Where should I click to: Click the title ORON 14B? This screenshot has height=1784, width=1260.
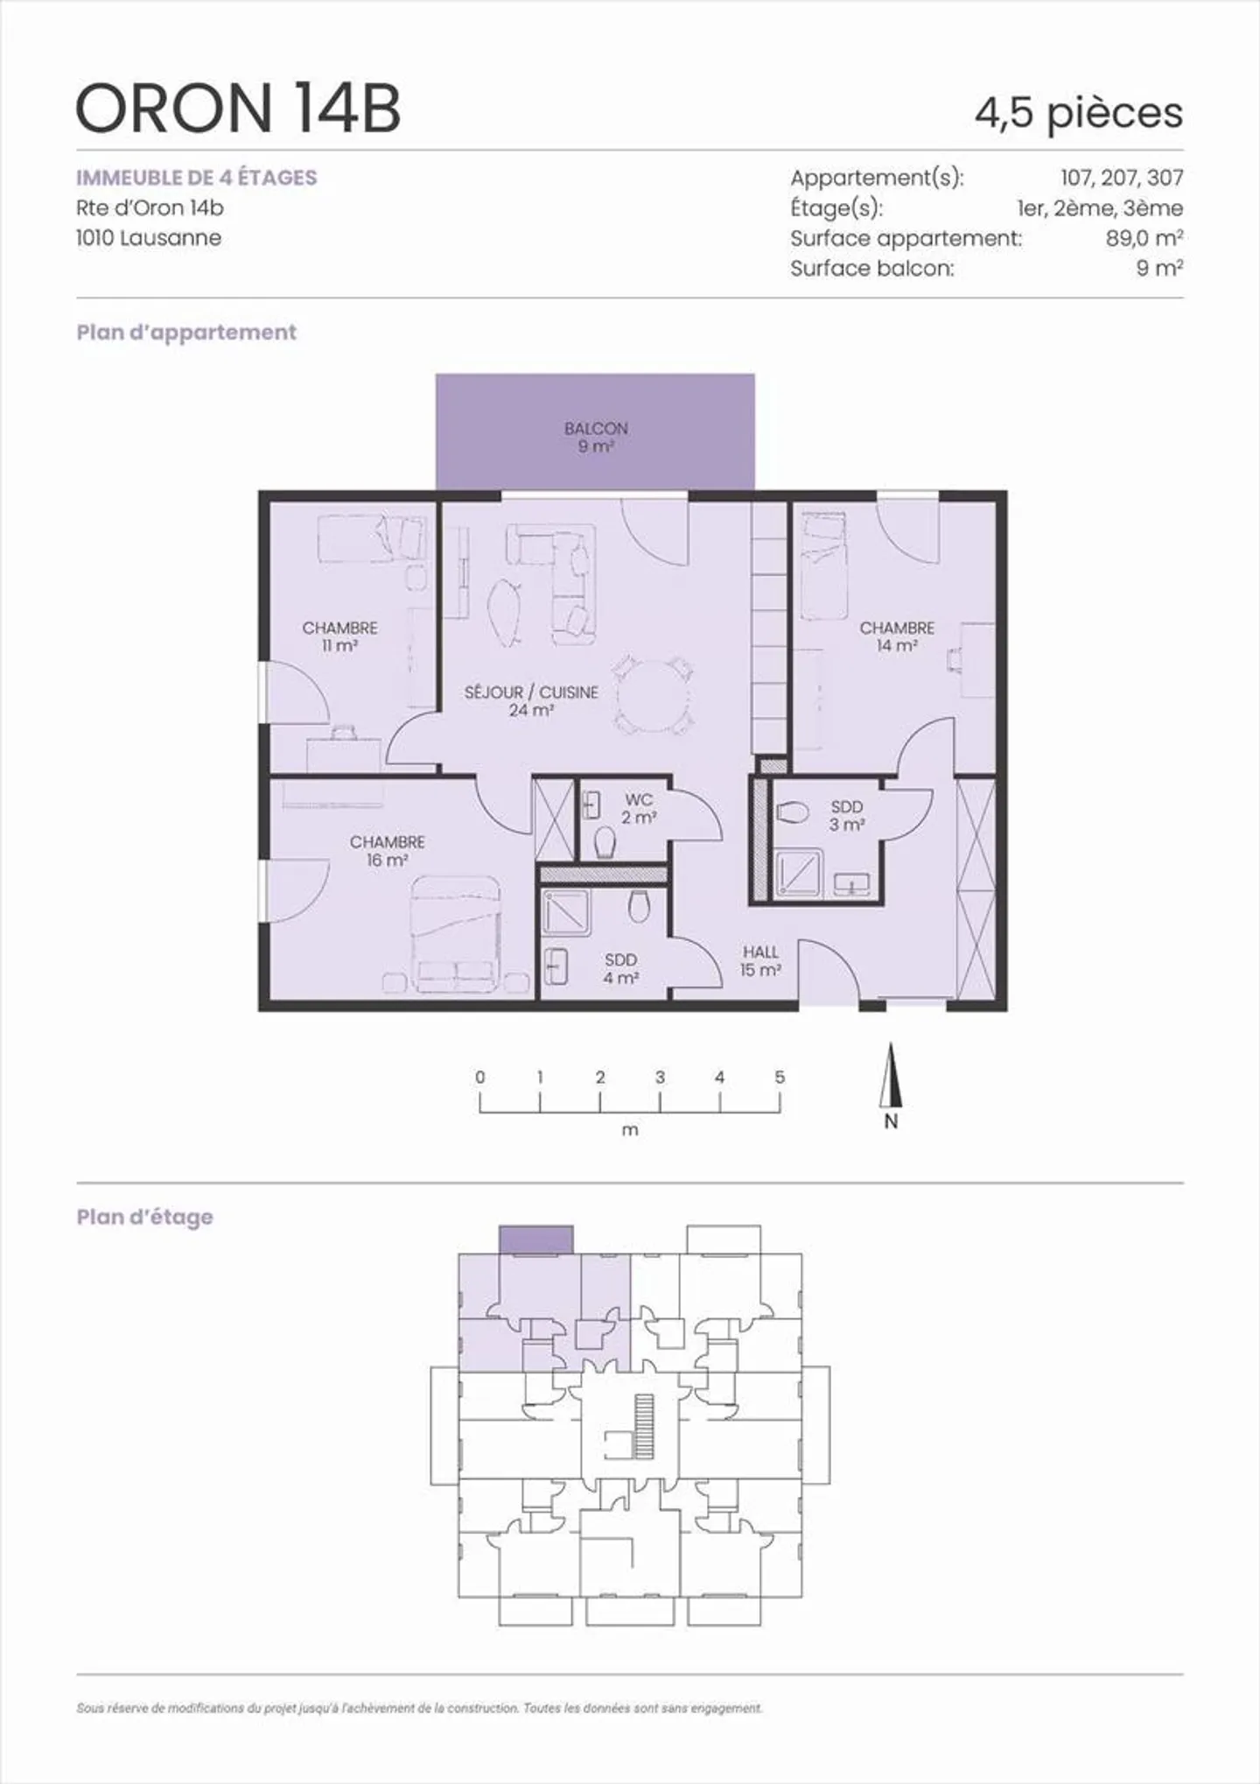238,109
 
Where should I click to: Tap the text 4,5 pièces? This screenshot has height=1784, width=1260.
1078,113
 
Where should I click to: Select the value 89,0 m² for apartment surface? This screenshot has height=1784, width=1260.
1144,238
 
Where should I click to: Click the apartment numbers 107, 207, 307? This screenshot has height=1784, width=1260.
1121,178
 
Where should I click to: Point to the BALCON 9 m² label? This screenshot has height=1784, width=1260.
596,437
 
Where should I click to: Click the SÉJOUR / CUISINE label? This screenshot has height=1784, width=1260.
531,700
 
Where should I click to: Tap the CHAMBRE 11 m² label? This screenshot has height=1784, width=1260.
339,636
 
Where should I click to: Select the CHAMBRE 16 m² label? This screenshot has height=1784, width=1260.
387,850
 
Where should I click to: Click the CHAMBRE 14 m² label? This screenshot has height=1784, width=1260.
896,636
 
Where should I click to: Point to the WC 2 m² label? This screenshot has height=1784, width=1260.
639,809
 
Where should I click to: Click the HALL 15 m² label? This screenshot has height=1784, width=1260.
759,960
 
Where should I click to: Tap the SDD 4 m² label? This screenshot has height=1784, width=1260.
620,968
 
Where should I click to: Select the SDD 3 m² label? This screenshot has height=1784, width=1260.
846,815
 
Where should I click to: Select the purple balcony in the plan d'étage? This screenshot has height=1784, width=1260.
536,1240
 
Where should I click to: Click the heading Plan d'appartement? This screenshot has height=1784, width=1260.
186,333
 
